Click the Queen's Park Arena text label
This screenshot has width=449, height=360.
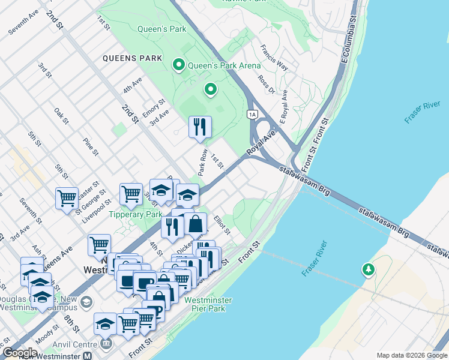224,65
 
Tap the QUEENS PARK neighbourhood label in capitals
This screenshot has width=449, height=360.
133,58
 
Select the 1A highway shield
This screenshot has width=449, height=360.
252,114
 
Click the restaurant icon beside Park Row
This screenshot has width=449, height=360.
200,127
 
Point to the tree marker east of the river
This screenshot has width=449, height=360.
368,271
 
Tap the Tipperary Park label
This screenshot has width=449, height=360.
136,214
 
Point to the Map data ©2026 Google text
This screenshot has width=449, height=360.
411,355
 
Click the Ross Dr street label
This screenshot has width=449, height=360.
265,85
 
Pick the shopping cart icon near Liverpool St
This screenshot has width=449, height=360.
67,198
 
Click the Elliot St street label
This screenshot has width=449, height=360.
222,226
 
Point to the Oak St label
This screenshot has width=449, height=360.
61,116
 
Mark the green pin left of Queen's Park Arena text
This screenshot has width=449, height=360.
178,65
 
